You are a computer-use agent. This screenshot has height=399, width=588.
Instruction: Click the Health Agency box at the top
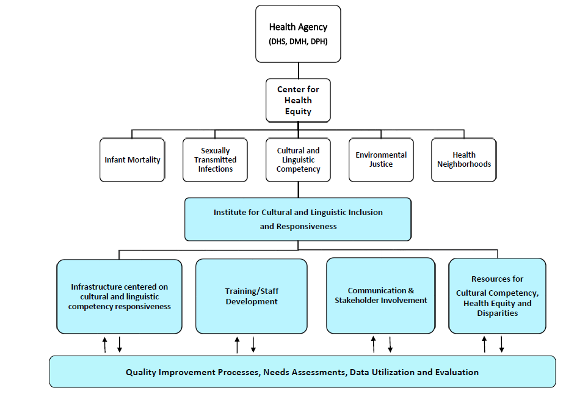[298, 34]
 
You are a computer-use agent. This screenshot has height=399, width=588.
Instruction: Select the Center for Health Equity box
[298, 100]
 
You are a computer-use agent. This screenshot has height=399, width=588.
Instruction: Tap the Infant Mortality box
[132, 160]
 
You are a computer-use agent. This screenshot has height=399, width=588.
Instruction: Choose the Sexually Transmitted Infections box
[216, 160]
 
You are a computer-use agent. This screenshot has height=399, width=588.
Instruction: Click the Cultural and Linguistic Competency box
[298, 160]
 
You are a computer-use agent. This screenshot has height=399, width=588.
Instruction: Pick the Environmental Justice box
[381, 160]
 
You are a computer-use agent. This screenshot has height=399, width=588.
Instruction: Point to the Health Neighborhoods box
[464, 160]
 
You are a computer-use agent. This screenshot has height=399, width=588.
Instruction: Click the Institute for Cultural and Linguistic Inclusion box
[298, 219]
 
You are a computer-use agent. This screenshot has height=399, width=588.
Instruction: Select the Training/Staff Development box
[251, 296]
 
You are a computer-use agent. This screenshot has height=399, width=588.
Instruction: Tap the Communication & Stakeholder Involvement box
[380, 295]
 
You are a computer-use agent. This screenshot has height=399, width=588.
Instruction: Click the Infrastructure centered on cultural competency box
[119, 296]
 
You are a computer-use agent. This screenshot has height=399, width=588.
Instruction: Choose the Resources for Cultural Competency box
[497, 296]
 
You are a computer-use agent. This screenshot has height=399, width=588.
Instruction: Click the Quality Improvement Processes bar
[302, 372]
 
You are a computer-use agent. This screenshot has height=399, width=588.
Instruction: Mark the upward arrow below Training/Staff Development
[237, 345]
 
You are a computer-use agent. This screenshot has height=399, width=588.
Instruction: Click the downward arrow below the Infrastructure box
[120, 344]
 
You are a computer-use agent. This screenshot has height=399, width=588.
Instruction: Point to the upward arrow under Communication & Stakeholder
[374, 344]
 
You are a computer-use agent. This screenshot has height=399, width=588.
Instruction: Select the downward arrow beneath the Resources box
[502, 344]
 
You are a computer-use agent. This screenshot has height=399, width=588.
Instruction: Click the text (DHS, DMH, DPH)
[298, 42]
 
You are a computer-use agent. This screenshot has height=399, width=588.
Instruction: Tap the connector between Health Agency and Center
[299, 70]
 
